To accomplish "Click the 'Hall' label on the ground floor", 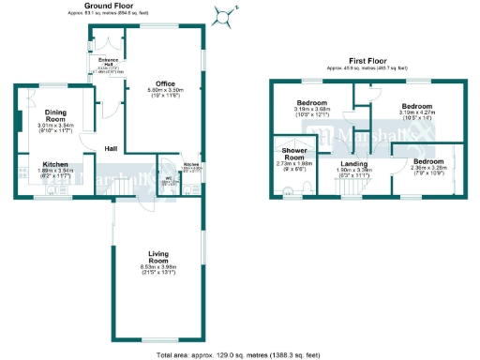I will coord(111,148).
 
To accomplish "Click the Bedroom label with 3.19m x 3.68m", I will coord(312,102).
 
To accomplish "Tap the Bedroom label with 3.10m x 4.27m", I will coord(416,107).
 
